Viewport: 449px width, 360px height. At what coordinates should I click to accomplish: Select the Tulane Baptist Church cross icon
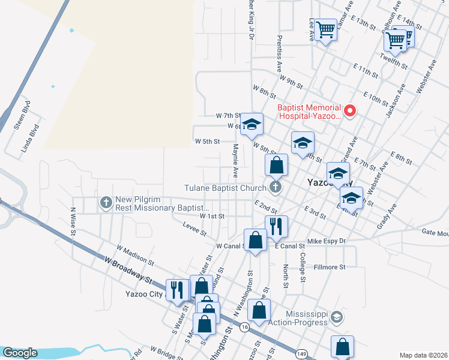coord(276,188)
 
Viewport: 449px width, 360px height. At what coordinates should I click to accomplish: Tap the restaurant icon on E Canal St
coord(276,226)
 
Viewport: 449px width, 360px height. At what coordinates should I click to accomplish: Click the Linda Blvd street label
coord(31,138)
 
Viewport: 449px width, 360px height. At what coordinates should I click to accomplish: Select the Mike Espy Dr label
coord(327,241)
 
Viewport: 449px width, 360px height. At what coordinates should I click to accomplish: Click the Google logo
coord(20,353)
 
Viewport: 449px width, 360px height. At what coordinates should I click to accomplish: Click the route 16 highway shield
coord(244,326)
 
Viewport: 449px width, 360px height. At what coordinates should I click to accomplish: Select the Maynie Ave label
coord(236,160)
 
